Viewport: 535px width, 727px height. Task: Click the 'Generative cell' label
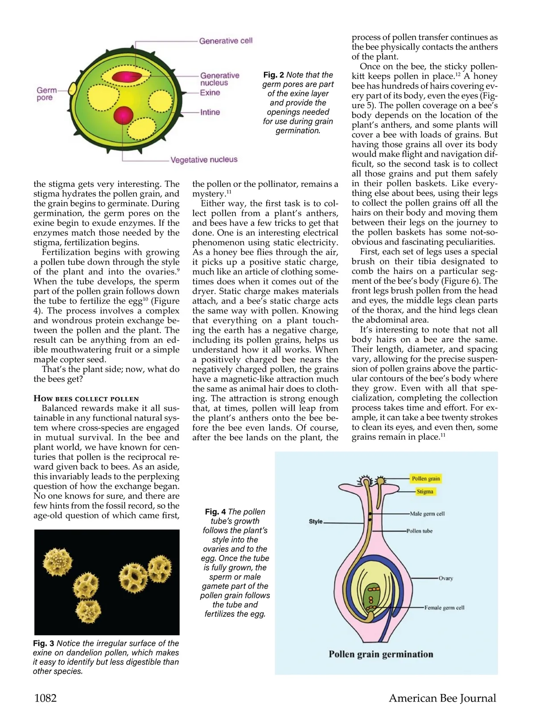(226, 41)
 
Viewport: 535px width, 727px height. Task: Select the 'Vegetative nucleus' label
(204, 160)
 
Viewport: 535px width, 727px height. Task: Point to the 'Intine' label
(210, 112)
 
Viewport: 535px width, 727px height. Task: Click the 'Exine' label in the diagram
(210, 93)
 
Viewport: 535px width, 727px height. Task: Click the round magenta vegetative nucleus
(123, 115)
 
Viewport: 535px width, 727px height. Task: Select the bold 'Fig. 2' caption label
(273, 75)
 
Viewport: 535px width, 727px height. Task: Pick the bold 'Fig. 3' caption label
(44, 643)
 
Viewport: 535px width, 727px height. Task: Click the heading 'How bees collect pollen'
(86, 398)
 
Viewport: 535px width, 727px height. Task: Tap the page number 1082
(45, 698)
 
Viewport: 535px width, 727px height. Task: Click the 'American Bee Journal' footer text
(442, 698)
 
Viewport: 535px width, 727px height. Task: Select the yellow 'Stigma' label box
(424, 492)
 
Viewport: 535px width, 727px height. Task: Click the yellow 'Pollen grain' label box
(426, 479)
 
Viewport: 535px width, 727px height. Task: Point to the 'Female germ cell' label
(444, 608)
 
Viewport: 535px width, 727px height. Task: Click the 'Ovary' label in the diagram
(445, 578)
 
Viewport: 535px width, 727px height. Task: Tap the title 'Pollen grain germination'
(381, 654)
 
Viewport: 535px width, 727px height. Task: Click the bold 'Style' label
(316, 522)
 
